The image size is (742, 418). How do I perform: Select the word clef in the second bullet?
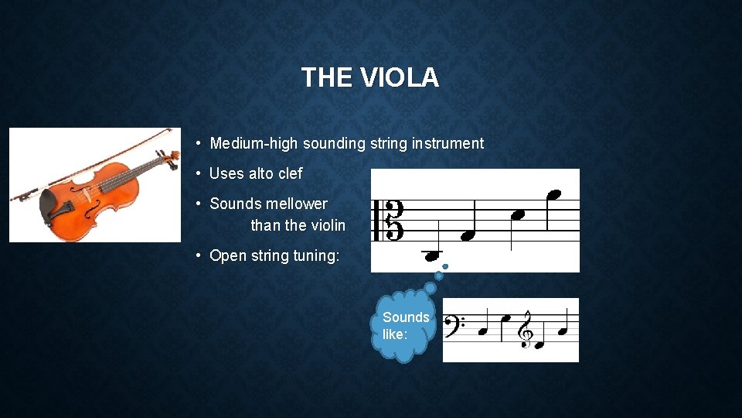pyautogui.click(x=290, y=173)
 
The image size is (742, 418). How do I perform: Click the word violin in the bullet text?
pyautogui.click(x=328, y=225)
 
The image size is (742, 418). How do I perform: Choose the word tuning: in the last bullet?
pyautogui.click(x=316, y=255)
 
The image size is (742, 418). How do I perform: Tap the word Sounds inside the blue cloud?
pyautogui.click(x=406, y=317)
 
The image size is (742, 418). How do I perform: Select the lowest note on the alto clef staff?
pyautogui.click(x=431, y=255)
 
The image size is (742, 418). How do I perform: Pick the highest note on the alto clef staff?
pyautogui.click(x=553, y=194)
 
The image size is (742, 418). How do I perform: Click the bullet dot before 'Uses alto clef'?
pyautogui.click(x=199, y=173)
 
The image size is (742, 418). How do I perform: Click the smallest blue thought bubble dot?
pyautogui.click(x=445, y=267)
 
